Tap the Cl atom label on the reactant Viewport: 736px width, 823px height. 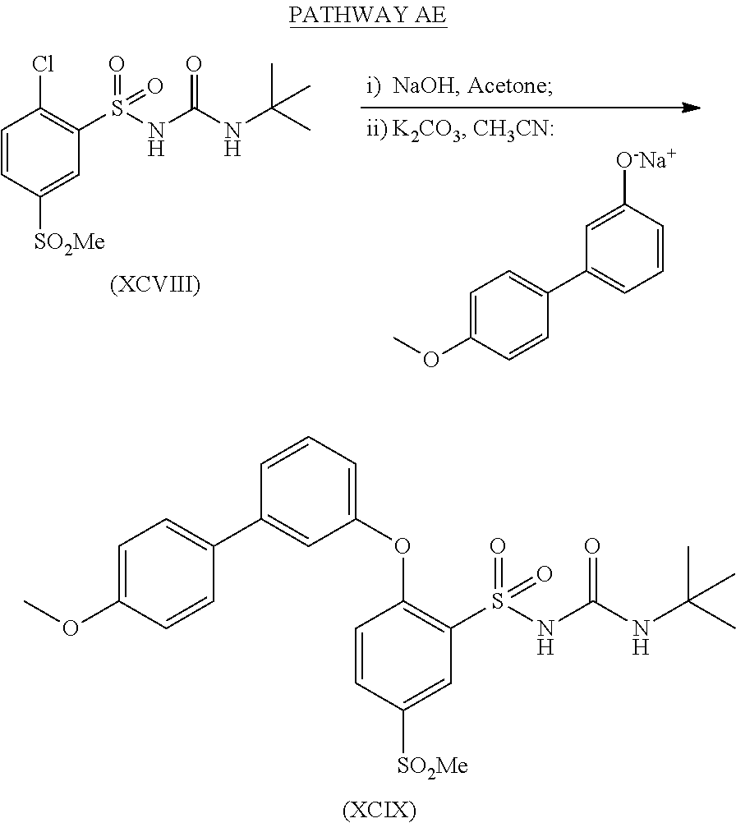click(x=45, y=63)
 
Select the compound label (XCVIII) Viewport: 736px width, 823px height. click(x=155, y=287)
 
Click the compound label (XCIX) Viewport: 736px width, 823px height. click(x=379, y=811)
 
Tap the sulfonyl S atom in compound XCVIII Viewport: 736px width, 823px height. click(x=117, y=104)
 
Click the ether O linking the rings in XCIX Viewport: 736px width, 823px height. click(x=402, y=544)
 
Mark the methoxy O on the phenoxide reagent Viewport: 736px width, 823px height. click(x=430, y=360)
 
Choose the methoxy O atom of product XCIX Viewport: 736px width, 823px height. click(x=71, y=628)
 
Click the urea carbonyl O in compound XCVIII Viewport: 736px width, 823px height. click(x=195, y=65)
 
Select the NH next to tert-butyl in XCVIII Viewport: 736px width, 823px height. click(x=233, y=136)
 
